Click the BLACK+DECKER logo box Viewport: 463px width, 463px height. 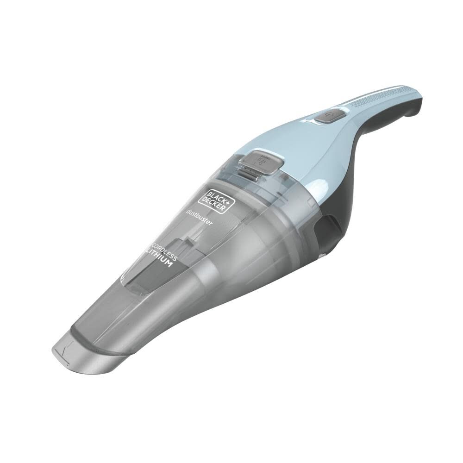(x=217, y=200)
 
